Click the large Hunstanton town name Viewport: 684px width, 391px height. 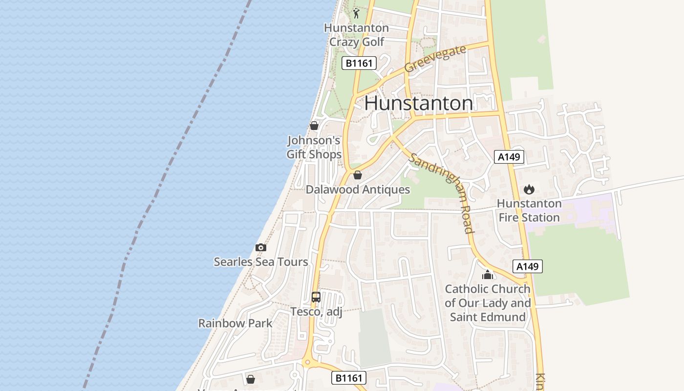coord(418,103)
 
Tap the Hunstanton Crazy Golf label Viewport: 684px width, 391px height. coord(357,35)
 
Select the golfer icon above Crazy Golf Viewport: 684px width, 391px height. coord(356,13)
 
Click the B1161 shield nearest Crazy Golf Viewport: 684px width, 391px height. coord(359,63)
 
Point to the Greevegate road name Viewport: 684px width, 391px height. coord(435,59)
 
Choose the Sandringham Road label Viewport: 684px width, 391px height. coord(443,193)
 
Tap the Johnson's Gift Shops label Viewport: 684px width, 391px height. coord(314,147)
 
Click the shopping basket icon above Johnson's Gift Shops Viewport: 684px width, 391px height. coord(314,126)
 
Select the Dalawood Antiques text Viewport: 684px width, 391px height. coord(358,189)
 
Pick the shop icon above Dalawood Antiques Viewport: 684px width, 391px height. coord(358,175)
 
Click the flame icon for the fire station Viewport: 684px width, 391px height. coord(529,189)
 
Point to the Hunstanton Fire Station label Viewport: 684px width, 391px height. coord(529,210)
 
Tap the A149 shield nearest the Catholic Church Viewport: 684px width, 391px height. coord(528,266)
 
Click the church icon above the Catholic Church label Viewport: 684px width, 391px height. coord(488,275)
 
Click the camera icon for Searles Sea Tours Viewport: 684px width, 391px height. coord(261,248)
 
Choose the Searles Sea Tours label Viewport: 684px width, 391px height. coord(261,262)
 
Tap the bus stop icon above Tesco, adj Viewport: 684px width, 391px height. coord(316,297)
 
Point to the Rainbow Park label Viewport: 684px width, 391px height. coord(235,323)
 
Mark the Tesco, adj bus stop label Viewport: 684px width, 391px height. coord(316,311)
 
